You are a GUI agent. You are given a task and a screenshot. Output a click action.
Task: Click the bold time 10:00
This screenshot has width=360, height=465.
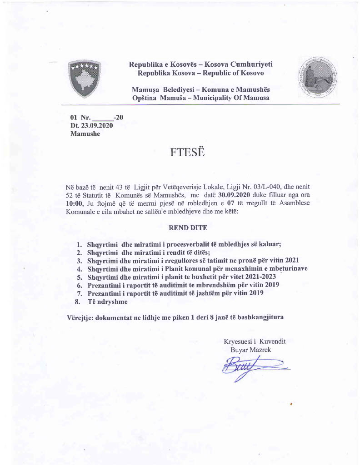point(75,203)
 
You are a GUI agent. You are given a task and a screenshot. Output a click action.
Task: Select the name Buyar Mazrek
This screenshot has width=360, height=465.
point(250,350)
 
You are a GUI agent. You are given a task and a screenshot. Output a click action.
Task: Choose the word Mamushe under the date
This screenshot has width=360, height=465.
point(85,134)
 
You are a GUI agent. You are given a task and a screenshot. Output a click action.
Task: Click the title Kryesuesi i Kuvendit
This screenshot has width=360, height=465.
point(255,341)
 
